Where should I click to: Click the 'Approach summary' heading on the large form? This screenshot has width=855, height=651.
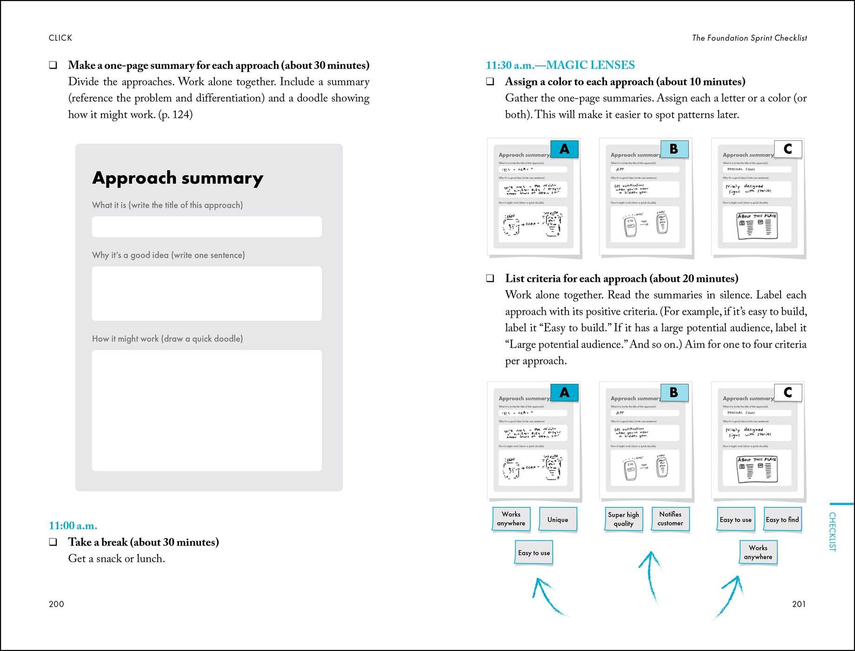tap(177, 178)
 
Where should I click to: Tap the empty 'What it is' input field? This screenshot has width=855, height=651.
tap(207, 227)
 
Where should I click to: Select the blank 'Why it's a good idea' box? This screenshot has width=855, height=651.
tap(207, 293)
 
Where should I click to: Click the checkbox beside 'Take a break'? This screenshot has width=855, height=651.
tap(53, 542)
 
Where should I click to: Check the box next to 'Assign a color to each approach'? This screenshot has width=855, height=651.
tap(490, 82)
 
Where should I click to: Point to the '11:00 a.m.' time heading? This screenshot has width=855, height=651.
tap(73, 526)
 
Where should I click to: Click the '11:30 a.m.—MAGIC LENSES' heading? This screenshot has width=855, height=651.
tap(560, 65)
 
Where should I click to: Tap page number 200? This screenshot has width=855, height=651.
tap(56, 604)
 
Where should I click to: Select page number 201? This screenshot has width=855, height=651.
tap(799, 604)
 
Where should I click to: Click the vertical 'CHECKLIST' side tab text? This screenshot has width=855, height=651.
tap(832, 531)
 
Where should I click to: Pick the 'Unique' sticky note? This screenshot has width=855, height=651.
tap(557, 519)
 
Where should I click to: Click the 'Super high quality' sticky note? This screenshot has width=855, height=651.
tap(623, 519)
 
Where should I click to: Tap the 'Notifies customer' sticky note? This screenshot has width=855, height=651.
tap(670, 519)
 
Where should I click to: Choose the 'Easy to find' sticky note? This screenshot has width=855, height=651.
tap(782, 520)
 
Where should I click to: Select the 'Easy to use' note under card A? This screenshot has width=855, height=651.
tap(534, 553)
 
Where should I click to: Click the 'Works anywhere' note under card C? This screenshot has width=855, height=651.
tap(758, 552)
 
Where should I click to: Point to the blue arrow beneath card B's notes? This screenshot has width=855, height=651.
tap(652, 577)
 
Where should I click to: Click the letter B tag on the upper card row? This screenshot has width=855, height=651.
tap(674, 149)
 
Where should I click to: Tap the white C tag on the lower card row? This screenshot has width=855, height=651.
tap(788, 392)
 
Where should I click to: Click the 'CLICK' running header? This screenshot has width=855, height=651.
tap(60, 38)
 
